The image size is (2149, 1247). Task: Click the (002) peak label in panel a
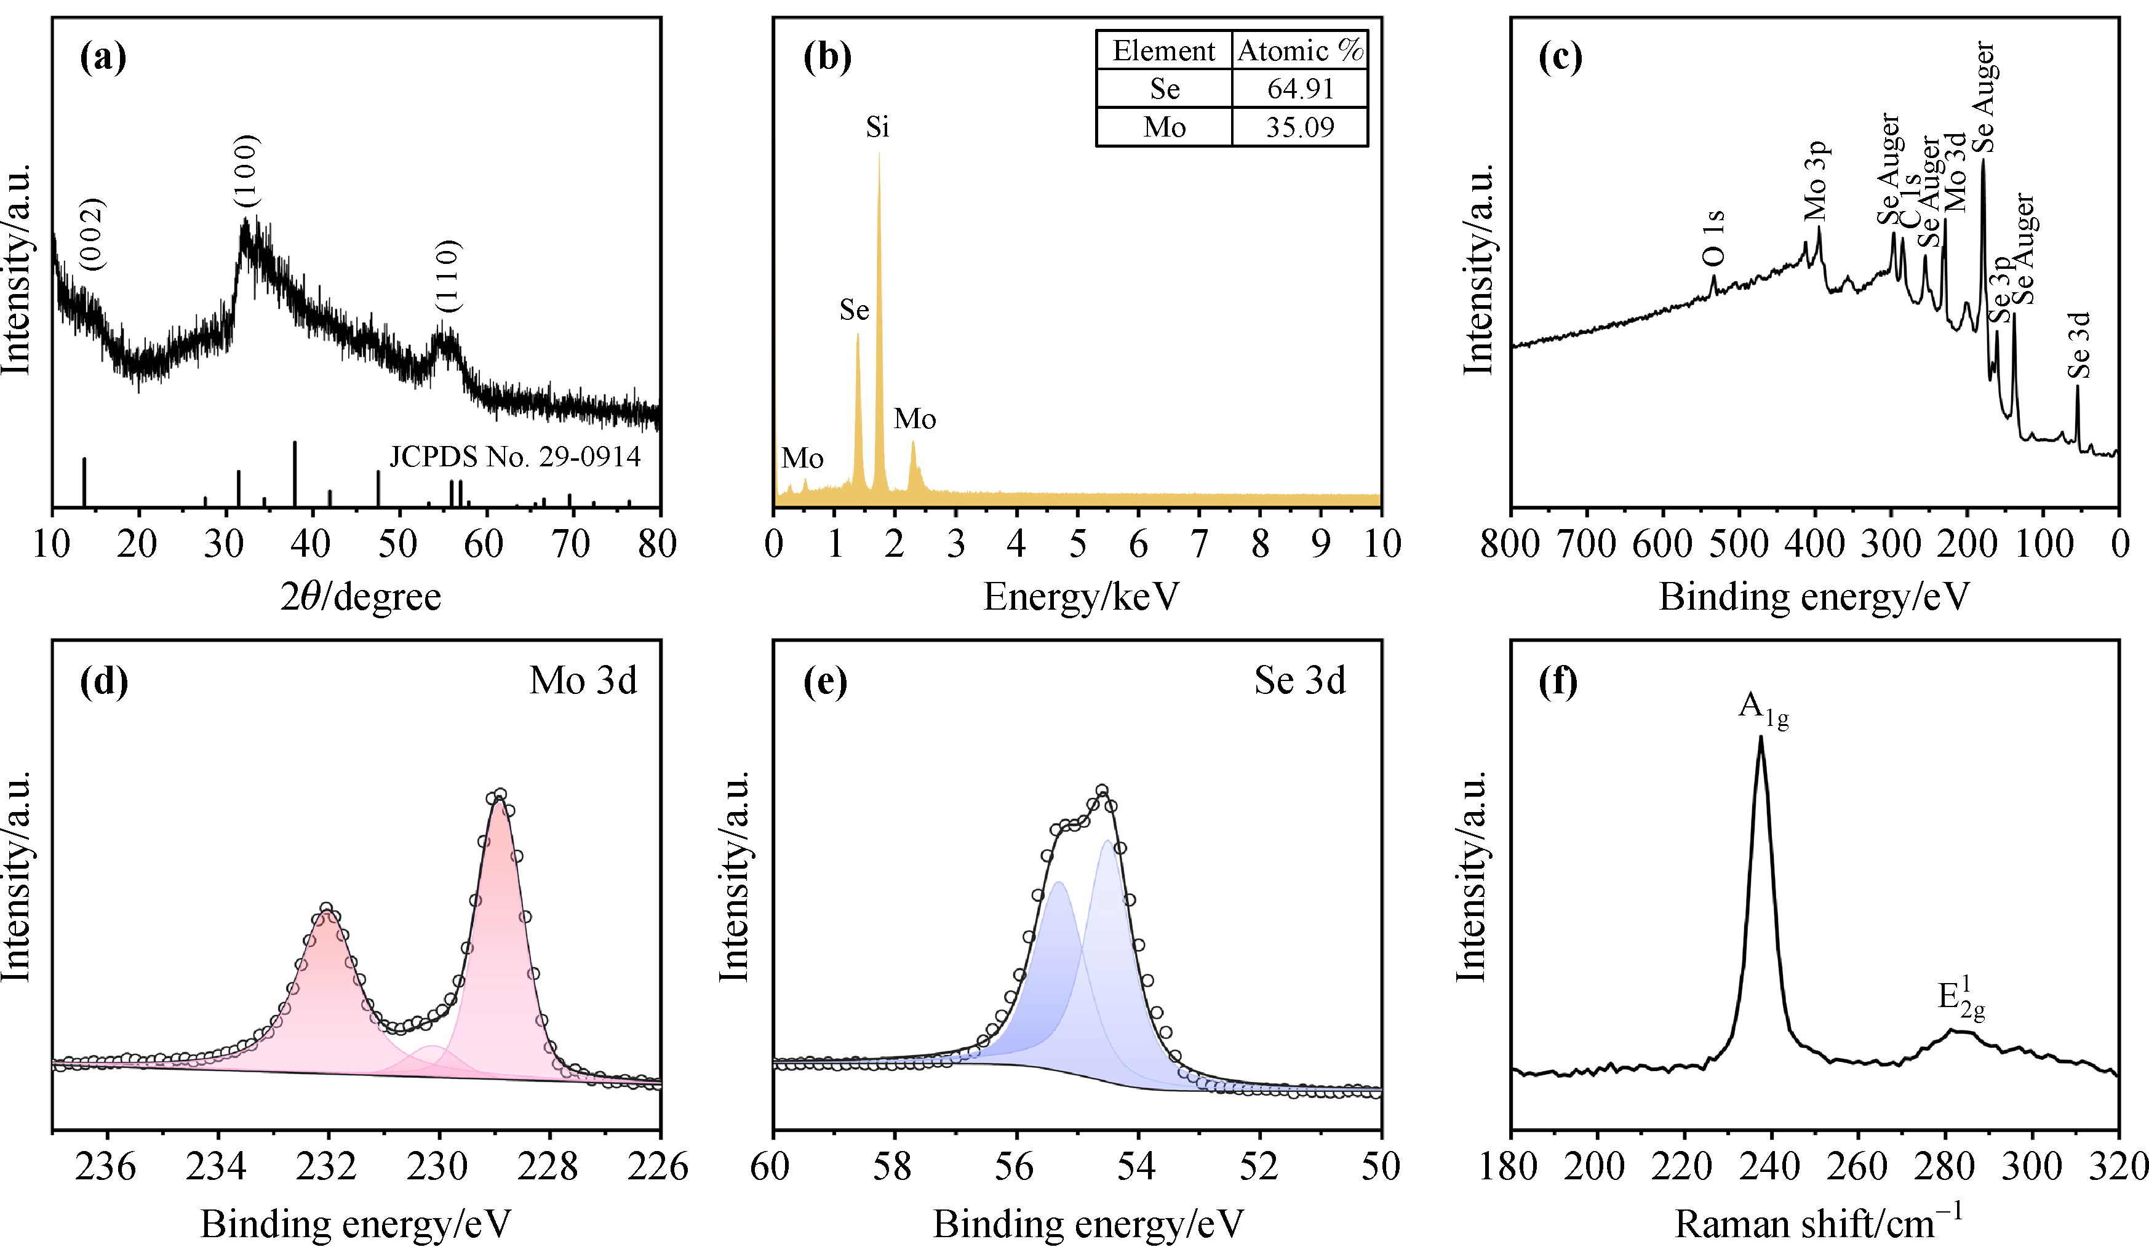(93, 234)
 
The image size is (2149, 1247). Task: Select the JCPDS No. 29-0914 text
(514, 457)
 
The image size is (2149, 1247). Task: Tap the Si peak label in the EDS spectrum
(877, 127)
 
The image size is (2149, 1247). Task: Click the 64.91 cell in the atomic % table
(1299, 89)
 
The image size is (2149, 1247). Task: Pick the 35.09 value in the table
(1299, 127)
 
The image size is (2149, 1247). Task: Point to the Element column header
(1163, 51)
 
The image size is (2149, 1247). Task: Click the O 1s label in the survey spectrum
(1713, 238)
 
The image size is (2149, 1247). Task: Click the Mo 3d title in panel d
(583, 680)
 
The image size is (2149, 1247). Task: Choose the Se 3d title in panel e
(1299, 680)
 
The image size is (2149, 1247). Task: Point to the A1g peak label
(1763, 708)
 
